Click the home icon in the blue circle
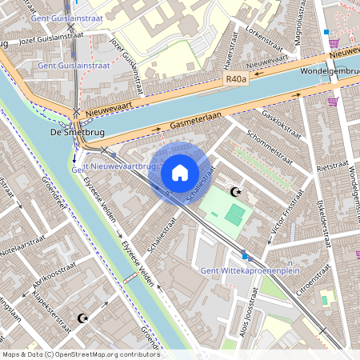(x=180, y=172)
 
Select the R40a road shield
(x=237, y=79)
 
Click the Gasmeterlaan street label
(x=196, y=122)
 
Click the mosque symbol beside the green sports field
(x=235, y=192)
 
